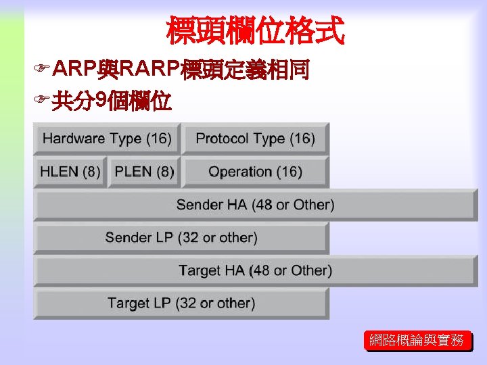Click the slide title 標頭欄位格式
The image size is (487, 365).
tap(255, 30)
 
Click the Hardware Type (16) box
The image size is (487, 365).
tap(107, 139)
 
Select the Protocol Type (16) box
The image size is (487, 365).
tap(255, 139)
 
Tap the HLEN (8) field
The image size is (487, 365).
tap(70, 172)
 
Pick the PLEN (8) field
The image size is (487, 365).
tap(143, 172)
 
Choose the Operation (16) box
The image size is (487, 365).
tap(255, 172)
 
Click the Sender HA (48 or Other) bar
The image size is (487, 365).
tap(255, 205)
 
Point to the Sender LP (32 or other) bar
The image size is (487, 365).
tap(181, 238)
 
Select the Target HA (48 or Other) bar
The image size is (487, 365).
tap(255, 271)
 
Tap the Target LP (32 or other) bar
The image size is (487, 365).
tap(181, 303)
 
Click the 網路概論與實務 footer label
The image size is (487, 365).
tap(417, 341)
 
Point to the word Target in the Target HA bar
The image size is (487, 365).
tap(200, 271)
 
